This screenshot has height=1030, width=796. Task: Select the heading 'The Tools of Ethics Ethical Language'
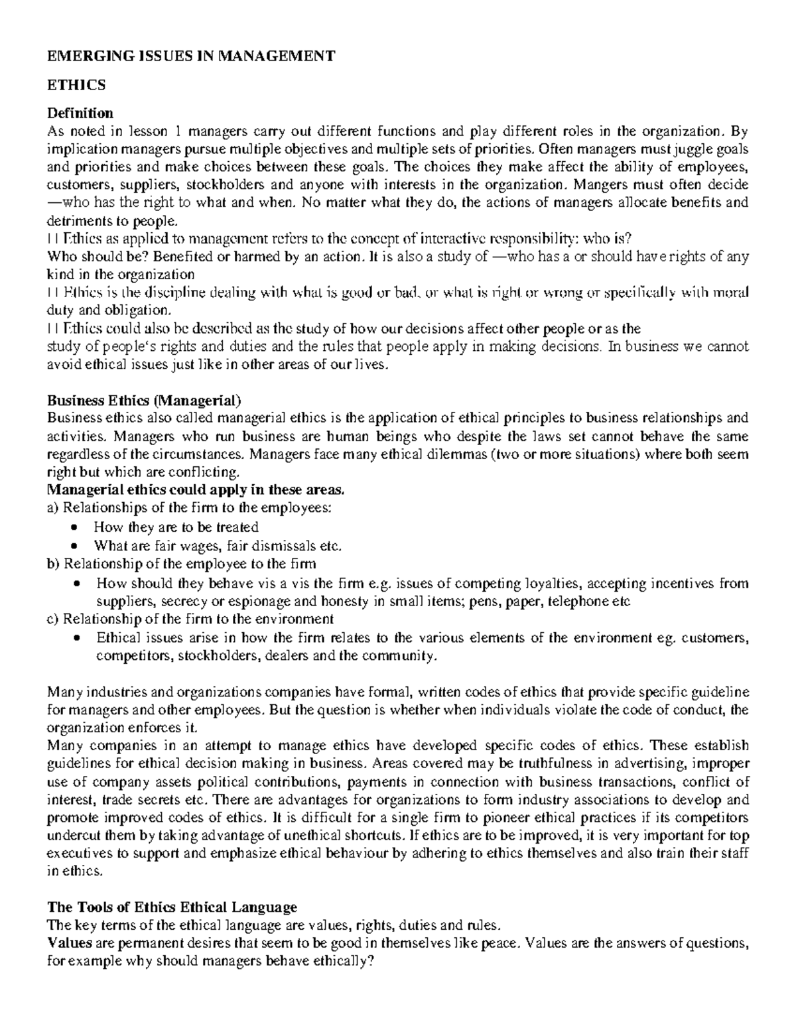pos(172,907)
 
